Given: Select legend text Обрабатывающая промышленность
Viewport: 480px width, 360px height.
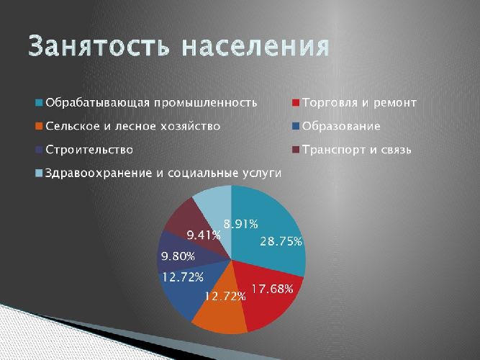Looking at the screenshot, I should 150,102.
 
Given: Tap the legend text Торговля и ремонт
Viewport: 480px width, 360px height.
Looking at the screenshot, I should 360,102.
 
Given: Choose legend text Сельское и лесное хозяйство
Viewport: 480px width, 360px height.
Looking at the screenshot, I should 132,126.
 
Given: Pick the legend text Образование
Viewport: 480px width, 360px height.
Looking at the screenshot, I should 342,126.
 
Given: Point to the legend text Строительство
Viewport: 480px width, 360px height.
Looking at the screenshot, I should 89,150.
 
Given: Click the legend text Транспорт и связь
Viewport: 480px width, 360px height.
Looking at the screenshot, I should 357,150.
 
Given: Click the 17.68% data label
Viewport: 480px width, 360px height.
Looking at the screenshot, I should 272,289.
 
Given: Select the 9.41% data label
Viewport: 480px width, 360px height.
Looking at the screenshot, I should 204,234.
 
